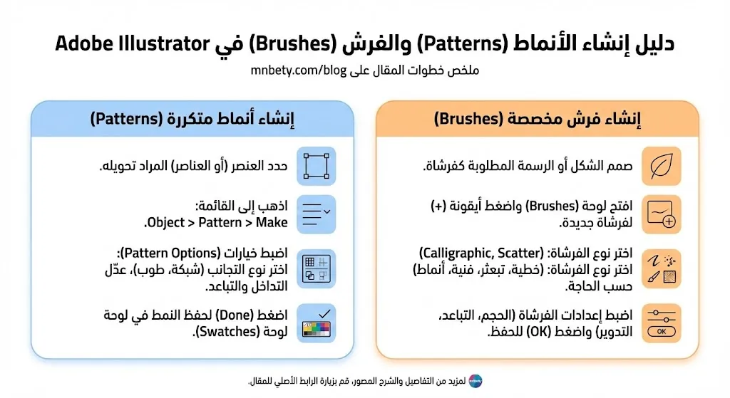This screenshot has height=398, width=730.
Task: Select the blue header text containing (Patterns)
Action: pyautogui.click(x=192, y=119)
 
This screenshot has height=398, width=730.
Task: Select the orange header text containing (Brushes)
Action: pyautogui.click(x=538, y=119)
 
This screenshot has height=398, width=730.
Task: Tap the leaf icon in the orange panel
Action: pyautogui.click(x=661, y=166)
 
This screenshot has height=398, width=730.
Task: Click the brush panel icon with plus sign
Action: pyautogui.click(x=661, y=214)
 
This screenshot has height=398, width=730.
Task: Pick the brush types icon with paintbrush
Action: pyautogui.click(x=661, y=268)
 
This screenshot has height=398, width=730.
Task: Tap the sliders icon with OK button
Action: pyautogui.click(x=661, y=323)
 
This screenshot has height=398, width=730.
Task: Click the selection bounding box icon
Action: pyautogui.click(x=315, y=166)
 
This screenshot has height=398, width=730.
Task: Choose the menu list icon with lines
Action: pyautogui.click(x=315, y=214)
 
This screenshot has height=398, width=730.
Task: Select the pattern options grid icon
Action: pyautogui.click(x=315, y=268)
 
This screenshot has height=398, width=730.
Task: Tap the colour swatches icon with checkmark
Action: pyautogui.click(x=315, y=323)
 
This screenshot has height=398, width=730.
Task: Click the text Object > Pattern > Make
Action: pyautogui.click(x=217, y=223)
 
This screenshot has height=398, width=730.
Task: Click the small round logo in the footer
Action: pyautogui.click(x=475, y=381)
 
